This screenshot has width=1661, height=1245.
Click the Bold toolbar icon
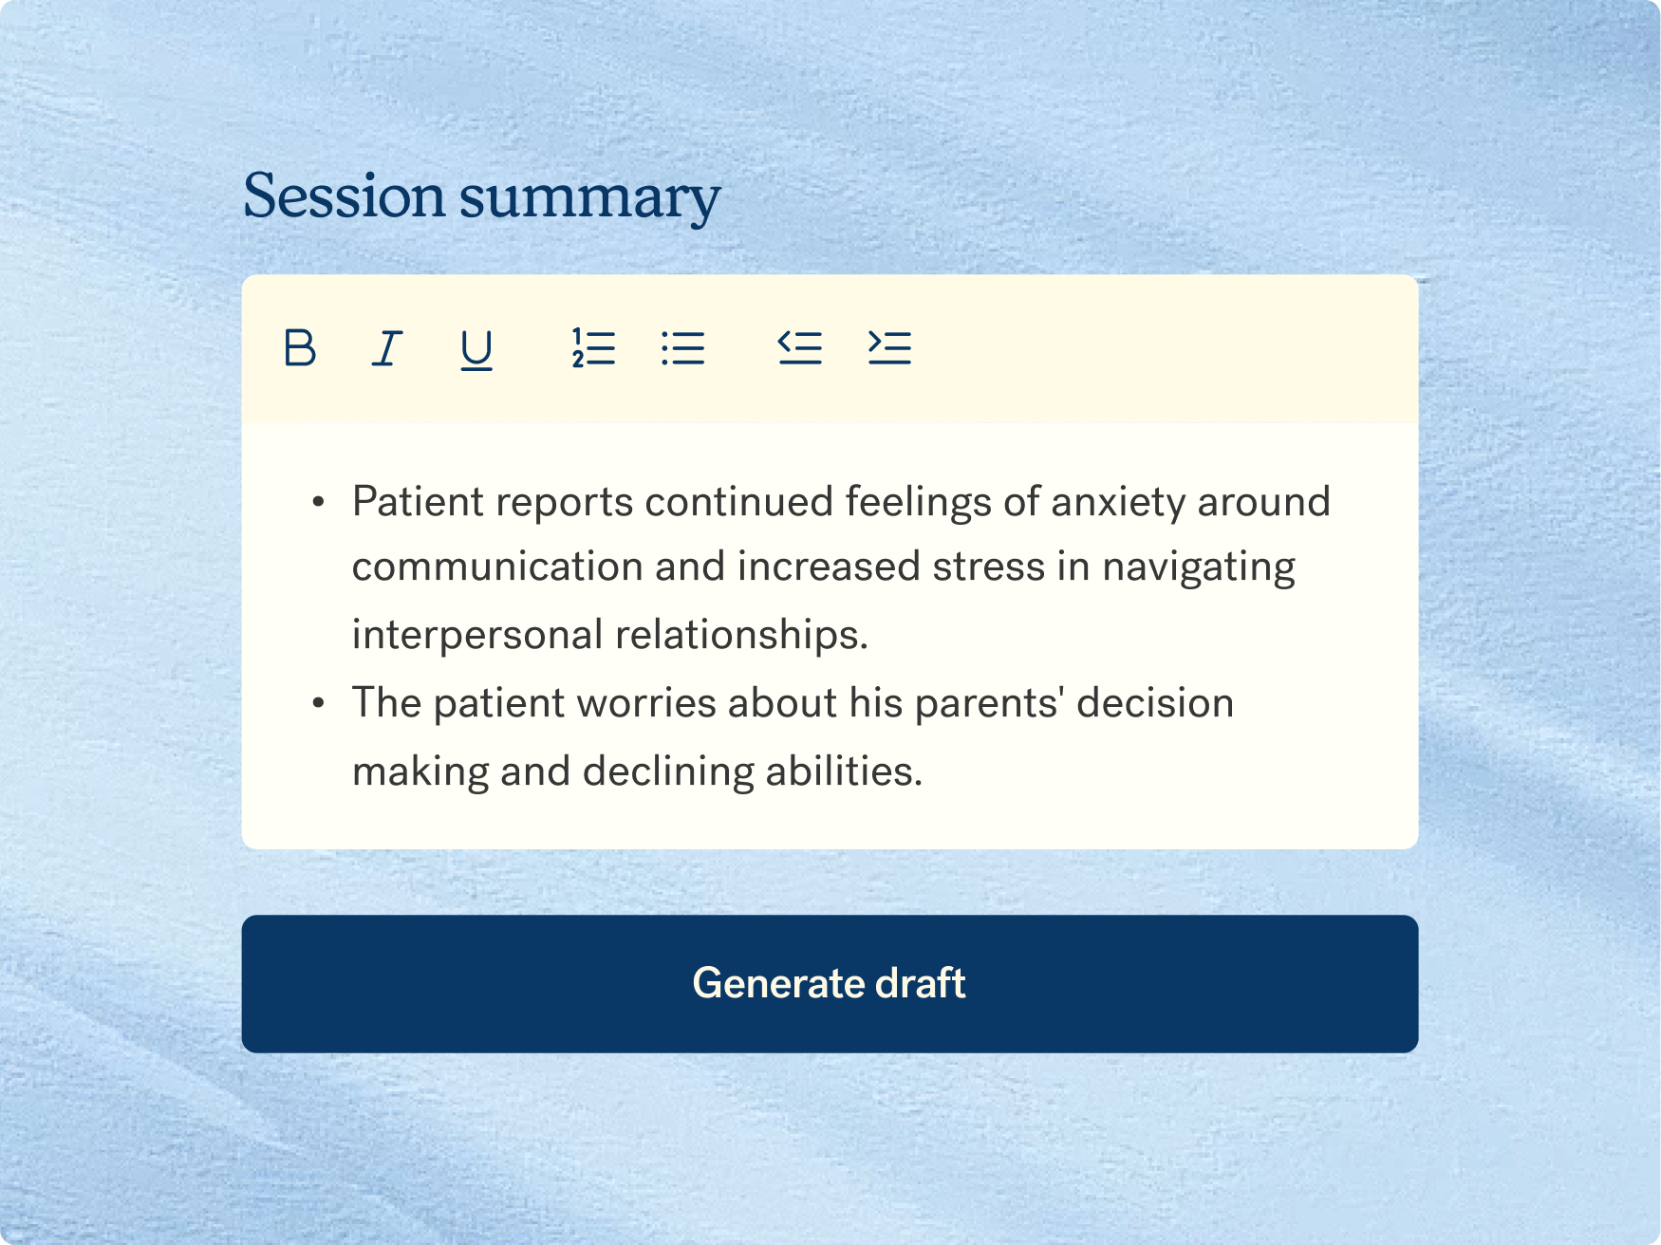click(300, 347)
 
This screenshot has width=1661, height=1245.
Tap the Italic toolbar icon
click(386, 347)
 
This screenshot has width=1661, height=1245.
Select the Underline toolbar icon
click(476, 349)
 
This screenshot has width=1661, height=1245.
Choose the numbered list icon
click(593, 347)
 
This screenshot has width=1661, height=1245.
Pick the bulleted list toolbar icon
click(683, 347)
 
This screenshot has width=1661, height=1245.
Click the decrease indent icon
click(799, 347)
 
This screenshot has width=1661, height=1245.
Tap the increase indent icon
click(889, 347)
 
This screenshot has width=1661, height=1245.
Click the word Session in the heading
click(345, 196)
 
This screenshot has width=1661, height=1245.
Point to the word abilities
click(844, 771)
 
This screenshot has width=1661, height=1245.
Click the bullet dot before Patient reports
click(319, 502)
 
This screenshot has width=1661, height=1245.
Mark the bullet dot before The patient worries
click(319, 703)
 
